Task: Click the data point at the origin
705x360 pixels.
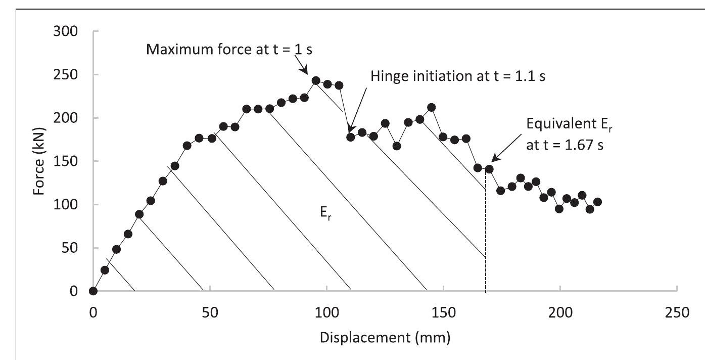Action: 93,291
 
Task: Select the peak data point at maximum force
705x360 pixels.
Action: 316,80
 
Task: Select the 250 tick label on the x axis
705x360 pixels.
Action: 676,312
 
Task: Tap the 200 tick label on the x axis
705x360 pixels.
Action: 560,312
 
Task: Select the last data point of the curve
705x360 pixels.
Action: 597,202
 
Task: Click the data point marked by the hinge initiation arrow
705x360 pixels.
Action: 351,137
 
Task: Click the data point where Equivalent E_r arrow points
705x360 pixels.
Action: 489,169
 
